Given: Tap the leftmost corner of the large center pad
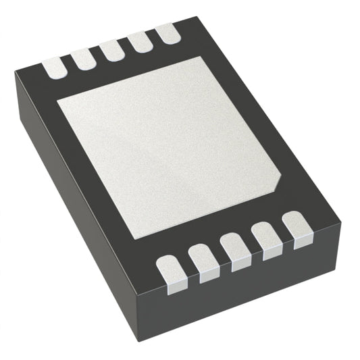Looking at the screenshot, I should (x=57, y=102).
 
